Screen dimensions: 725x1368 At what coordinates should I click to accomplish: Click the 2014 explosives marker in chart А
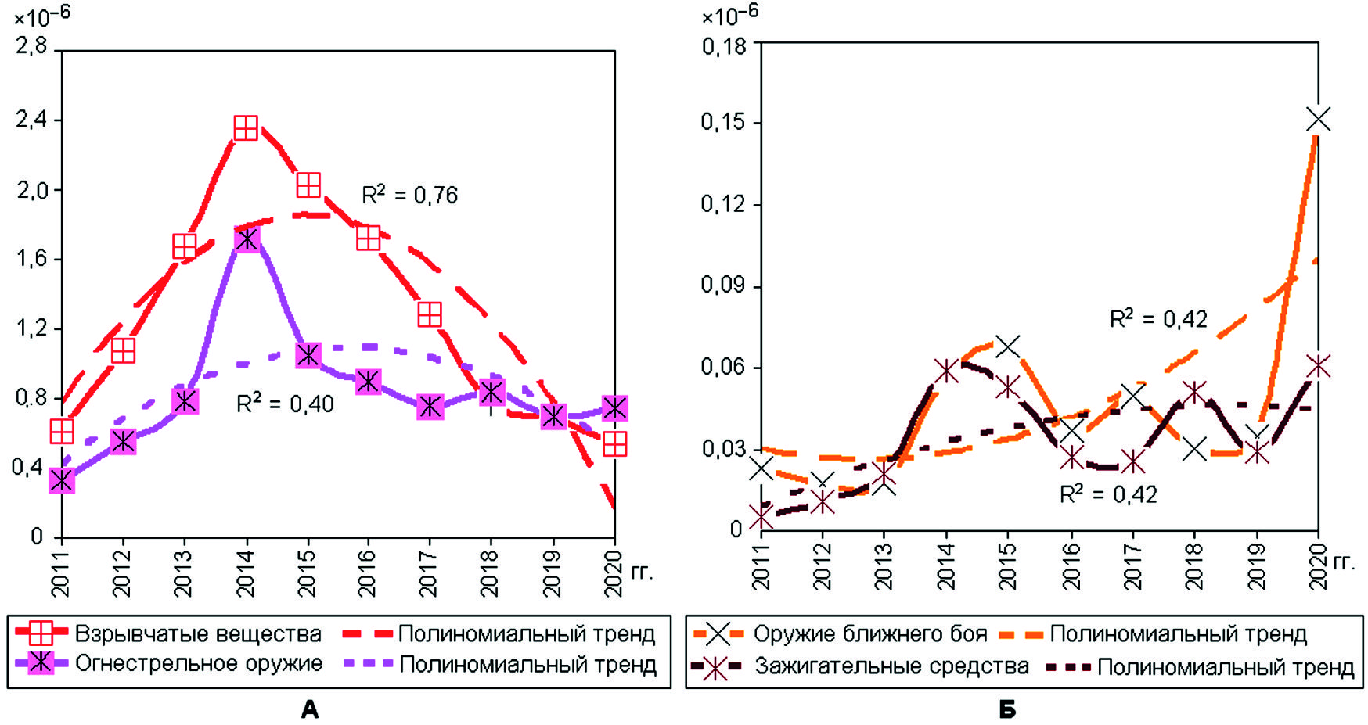tap(246, 128)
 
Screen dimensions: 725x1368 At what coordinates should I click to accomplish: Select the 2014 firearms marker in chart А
tap(247, 239)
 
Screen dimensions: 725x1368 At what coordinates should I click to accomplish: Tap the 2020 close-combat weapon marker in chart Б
tap(1319, 120)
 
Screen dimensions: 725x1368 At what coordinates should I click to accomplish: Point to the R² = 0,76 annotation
tap(409, 195)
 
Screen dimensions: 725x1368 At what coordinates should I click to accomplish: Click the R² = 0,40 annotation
tap(285, 404)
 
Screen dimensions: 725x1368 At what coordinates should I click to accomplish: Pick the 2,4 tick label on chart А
tap(31, 120)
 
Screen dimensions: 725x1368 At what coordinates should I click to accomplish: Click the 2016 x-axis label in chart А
tap(367, 573)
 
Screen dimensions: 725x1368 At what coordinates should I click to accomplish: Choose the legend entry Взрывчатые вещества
tap(197, 633)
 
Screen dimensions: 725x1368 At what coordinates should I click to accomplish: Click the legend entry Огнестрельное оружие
tap(198, 664)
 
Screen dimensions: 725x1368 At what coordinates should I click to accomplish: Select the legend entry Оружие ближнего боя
tap(869, 633)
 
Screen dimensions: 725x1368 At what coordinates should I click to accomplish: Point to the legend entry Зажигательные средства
tap(891, 666)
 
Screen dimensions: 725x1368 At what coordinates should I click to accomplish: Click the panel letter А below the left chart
tap(310, 709)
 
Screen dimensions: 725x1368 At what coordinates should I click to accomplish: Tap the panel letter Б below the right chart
tap(1007, 709)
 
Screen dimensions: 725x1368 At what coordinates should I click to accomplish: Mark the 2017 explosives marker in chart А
tap(429, 314)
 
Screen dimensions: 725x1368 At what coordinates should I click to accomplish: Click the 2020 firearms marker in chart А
tap(614, 407)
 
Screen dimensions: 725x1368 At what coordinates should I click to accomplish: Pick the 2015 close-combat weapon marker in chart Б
tap(1008, 345)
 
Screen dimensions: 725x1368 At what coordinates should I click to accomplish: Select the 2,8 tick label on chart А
tap(31, 46)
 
